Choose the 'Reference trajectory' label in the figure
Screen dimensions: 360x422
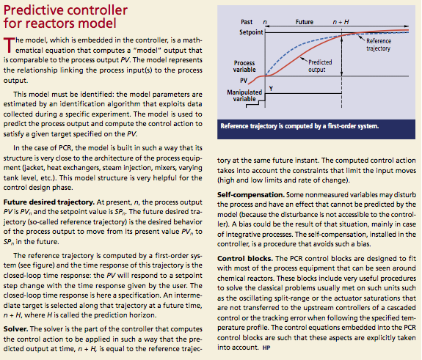379,45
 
